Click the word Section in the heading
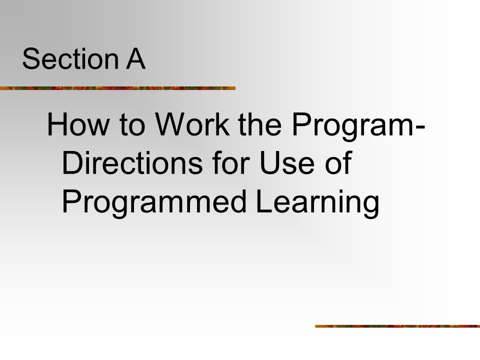tap(70, 58)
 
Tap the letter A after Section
tap(135, 58)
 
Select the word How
tap(78, 124)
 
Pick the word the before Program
tap(259, 124)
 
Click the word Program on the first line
tap(352, 127)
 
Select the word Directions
tap(132, 163)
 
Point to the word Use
tap(287, 163)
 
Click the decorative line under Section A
tap(117, 88)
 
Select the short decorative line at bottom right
tap(397, 326)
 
